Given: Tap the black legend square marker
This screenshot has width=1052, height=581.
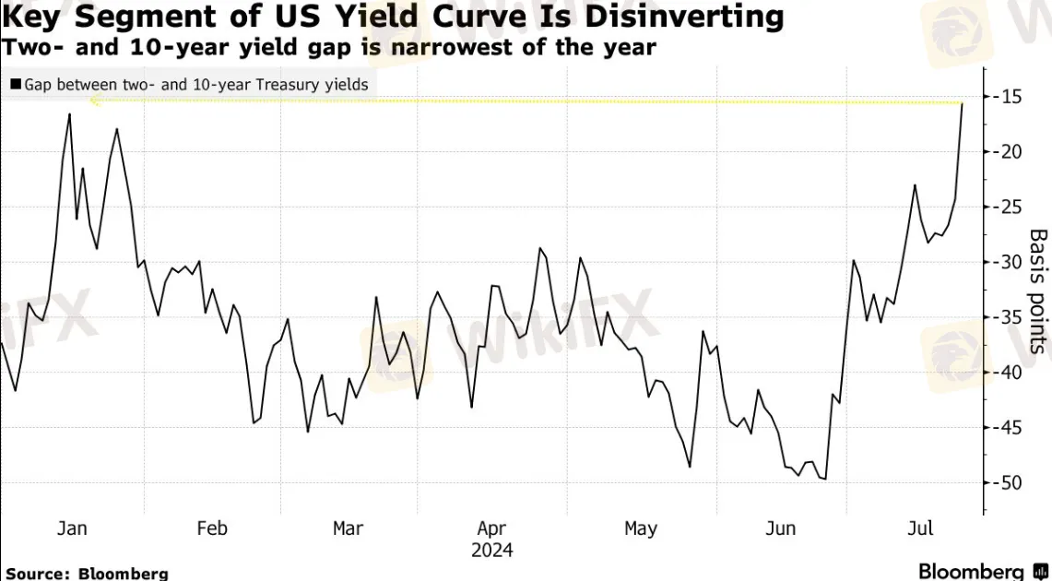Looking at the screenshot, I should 16,85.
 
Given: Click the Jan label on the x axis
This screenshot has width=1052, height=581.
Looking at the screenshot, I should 72,528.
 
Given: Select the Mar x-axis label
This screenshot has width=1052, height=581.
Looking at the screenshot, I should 348,528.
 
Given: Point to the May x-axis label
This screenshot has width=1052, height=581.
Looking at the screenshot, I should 640,528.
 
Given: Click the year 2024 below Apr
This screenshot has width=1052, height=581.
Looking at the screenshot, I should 491,551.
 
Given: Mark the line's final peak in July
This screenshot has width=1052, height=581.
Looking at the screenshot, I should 962,103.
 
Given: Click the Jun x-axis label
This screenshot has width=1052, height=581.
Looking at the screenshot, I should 781,528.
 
